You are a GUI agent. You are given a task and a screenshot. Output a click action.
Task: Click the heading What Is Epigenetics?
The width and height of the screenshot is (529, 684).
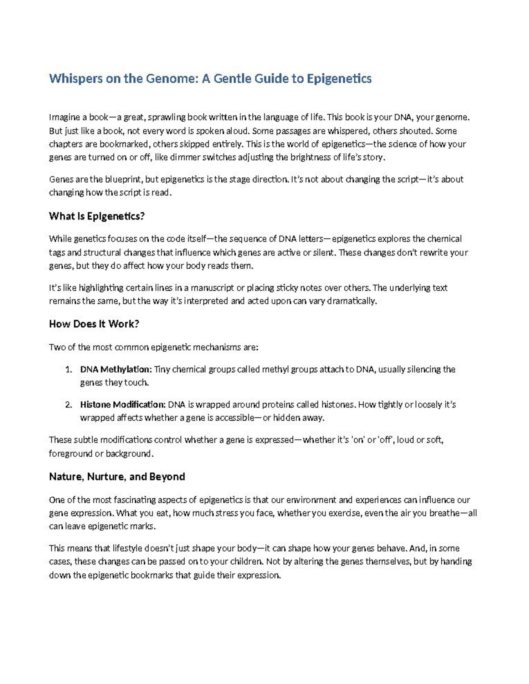(x=97, y=216)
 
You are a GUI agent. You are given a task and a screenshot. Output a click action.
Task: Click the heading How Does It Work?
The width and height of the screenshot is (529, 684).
(x=94, y=324)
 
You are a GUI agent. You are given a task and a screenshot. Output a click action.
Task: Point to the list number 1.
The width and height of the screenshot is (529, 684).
(x=68, y=369)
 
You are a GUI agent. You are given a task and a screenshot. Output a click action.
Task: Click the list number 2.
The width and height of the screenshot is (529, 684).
(x=68, y=405)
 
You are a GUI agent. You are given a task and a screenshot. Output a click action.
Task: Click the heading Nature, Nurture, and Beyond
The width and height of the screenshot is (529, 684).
(x=117, y=477)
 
